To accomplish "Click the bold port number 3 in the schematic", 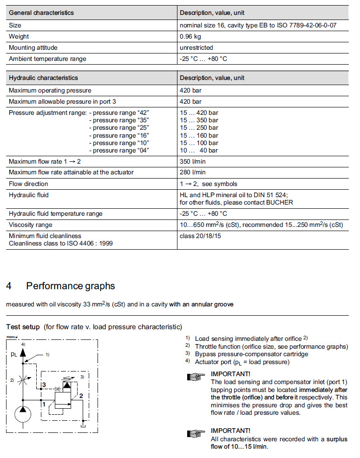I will (x=43, y=385).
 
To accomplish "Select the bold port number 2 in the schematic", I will (x=81, y=396).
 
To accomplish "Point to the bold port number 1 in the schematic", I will (x=43, y=404).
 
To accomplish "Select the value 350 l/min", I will (x=192, y=161).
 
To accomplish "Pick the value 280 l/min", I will (x=192, y=173).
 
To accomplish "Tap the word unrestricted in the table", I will (x=196, y=47).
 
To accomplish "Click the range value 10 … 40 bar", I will (x=199, y=150).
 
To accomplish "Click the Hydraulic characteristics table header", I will (x=43, y=78).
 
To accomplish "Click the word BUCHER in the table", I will (x=280, y=203).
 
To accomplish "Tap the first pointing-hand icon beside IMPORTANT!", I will (x=196, y=377).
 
